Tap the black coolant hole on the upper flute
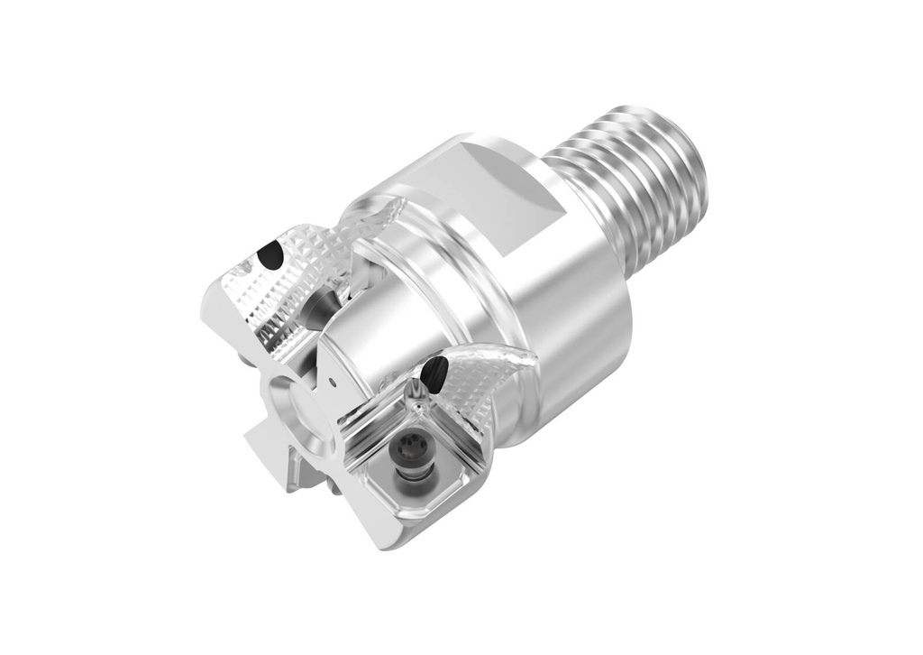click(270, 257)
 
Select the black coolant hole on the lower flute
click(434, 370)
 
